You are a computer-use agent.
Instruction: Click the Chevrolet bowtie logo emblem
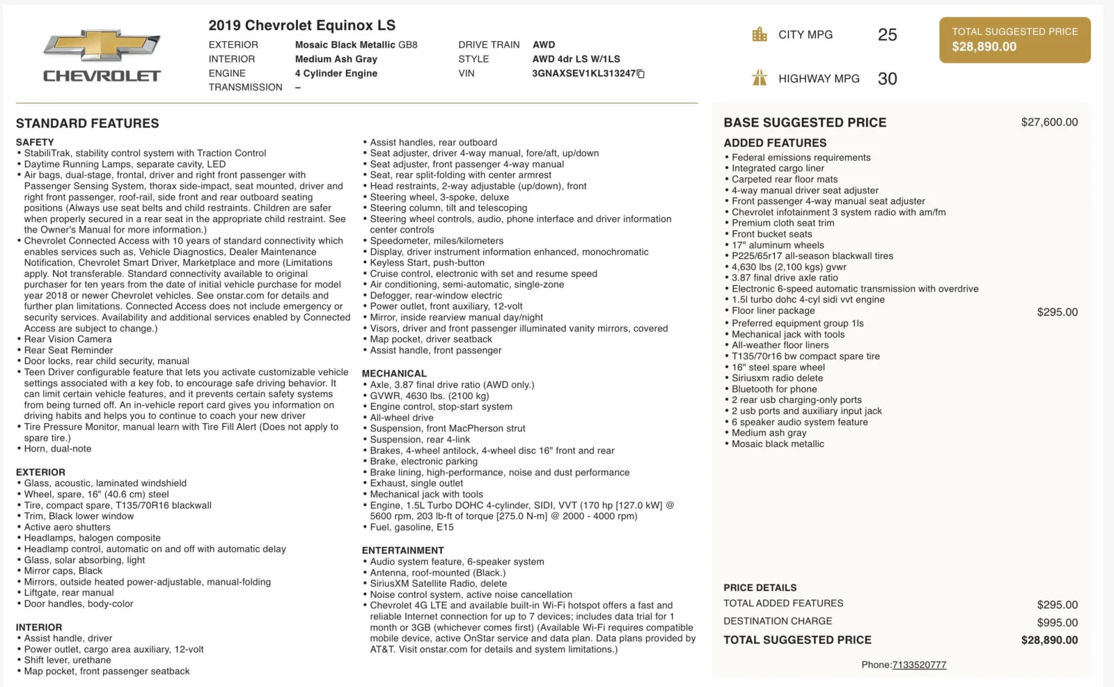[102, 46]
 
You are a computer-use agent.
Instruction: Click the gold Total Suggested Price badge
[1014, 40]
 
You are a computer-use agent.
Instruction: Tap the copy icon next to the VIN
[641, 74]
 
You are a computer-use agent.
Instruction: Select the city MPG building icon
[760, 34]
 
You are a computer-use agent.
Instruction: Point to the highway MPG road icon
[760, 78]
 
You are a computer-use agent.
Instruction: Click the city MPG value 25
[887, 35]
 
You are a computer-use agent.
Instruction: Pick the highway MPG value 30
[887, 79]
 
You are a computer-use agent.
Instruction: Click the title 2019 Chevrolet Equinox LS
[301, 26]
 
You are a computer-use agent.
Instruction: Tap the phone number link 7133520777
[919, 665]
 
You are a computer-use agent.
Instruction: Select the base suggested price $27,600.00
[1049, 123]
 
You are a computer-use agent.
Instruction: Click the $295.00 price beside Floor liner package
[1057, 312]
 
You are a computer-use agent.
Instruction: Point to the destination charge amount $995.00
[1057, 622]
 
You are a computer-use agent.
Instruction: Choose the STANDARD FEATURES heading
[87, 123]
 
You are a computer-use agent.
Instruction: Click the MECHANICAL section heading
[394, 374]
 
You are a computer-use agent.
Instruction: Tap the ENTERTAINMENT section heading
[402, 551]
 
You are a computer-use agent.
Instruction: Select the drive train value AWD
[544, 45]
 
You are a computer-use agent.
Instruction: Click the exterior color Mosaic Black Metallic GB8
[356, 45]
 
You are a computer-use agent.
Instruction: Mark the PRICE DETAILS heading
[760, 587]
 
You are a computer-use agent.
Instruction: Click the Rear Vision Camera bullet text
[68, 339]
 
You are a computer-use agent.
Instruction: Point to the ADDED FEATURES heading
[774, 143]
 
